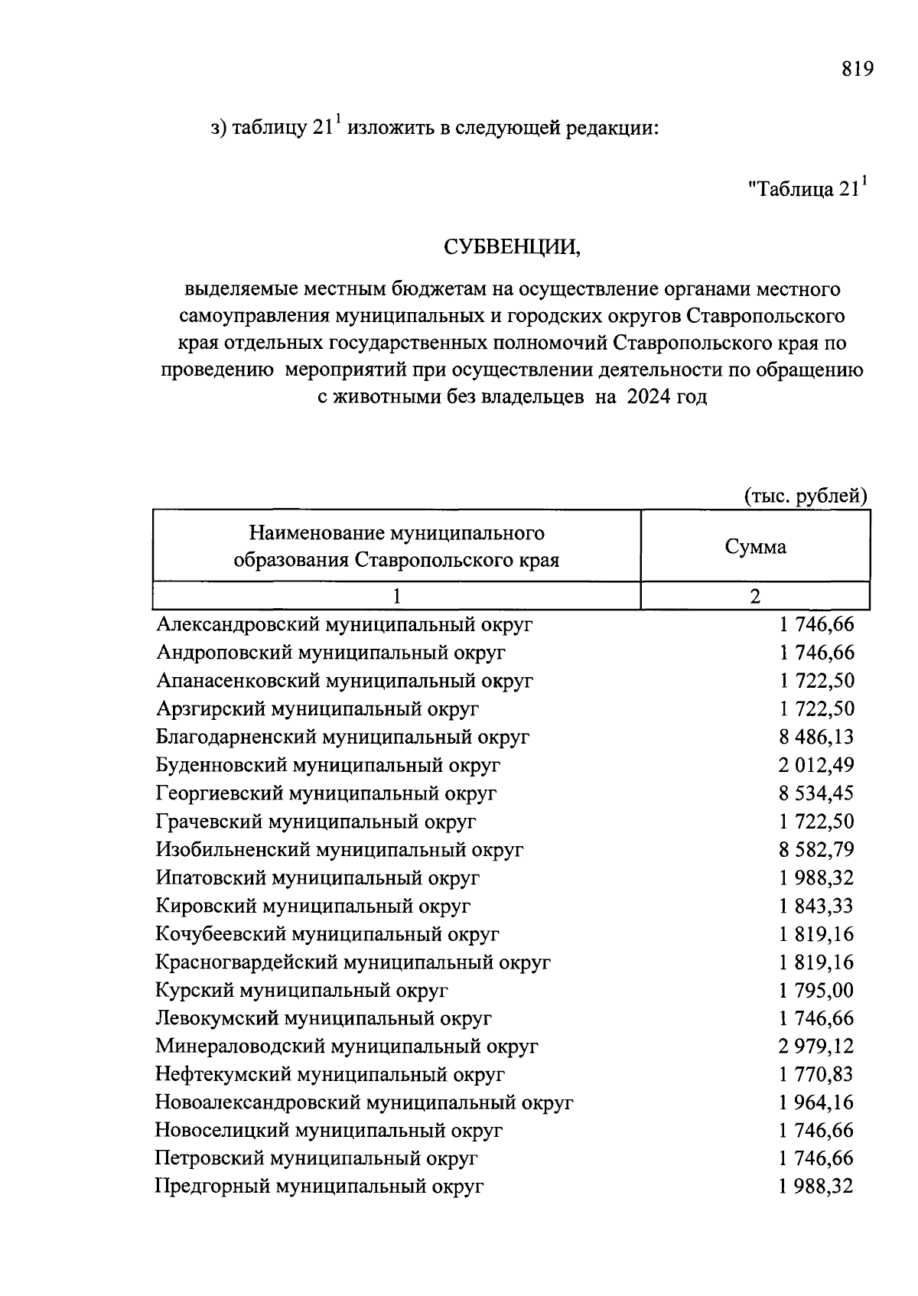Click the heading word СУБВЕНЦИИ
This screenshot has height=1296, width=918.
(512, 247)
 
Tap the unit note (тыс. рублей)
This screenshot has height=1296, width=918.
(806, 496)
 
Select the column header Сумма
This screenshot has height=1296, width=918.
(755, 546)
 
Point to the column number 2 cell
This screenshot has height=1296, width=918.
(755, 596)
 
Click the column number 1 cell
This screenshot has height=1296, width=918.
(396, 596)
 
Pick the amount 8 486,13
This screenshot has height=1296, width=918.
(816, 737)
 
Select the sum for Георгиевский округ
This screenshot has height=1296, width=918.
(816, 793)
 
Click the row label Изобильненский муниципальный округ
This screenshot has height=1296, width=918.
(340, 849)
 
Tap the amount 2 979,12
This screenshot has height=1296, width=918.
(816, 1046)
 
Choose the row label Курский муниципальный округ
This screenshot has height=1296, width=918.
(301, 990)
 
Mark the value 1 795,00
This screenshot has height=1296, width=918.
(816, 990)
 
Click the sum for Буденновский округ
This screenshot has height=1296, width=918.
(816, 765)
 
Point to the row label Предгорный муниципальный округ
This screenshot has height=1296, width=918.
(319, 1187)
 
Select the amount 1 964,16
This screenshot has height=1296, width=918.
(816, 1102)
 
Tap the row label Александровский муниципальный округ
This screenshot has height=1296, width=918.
(344, 624)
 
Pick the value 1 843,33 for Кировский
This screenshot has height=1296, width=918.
(816, 906)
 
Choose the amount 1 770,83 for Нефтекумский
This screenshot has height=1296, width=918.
(816, 1074)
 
